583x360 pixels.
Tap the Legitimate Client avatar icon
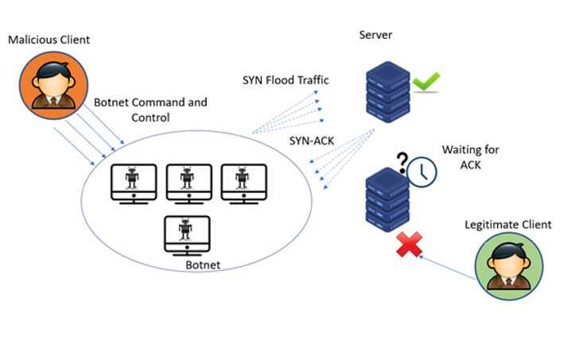coord(509,265)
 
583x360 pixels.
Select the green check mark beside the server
coord(426,82)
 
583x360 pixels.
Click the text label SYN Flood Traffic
coord(286,80)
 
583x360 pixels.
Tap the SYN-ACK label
coord(312,140)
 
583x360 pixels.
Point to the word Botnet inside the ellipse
coord(202,264)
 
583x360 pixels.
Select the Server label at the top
coord(375,36)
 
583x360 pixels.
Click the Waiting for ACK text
coord(463,157)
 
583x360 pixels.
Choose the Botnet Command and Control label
coord(150,110)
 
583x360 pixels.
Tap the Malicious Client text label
coord(49,39)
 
